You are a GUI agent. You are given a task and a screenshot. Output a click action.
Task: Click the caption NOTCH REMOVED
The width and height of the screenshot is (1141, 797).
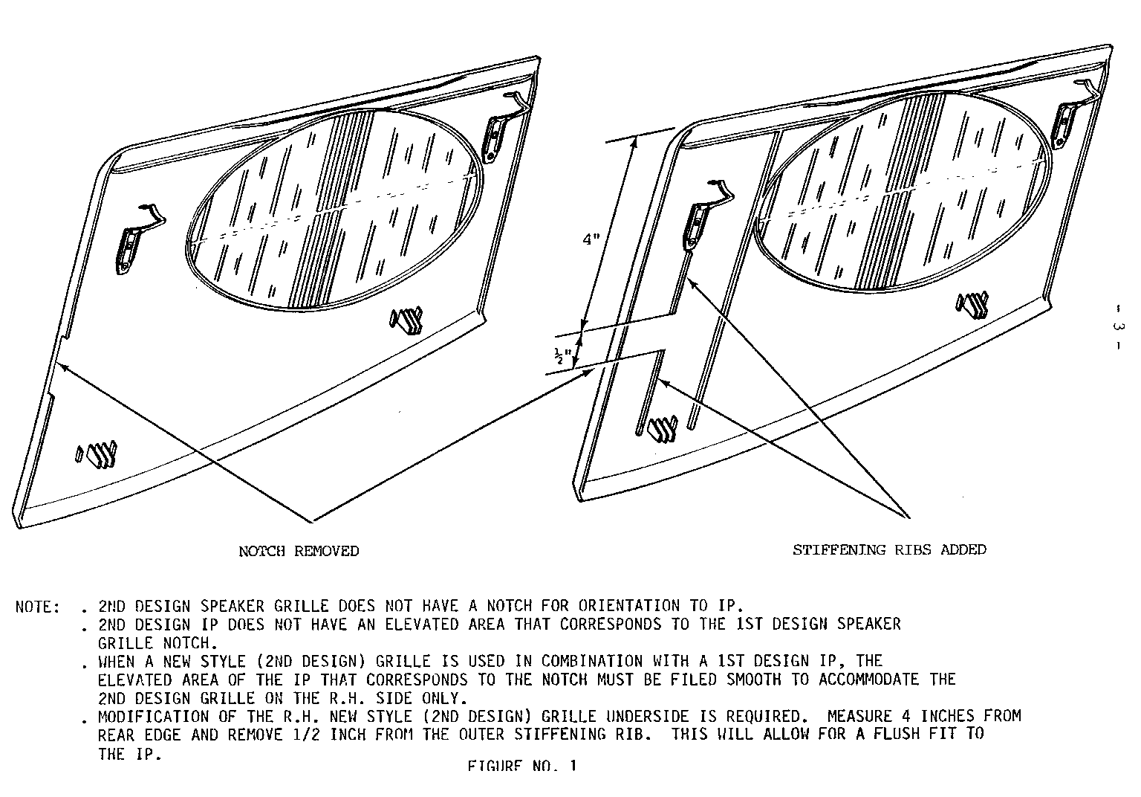point(299,551)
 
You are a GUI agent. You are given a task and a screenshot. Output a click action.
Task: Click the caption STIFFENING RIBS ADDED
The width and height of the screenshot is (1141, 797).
point(889,549)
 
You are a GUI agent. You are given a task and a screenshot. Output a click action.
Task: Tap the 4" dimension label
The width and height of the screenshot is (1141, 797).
point(591,239)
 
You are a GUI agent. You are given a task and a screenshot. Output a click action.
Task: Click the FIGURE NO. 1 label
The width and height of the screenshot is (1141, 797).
point(522,767)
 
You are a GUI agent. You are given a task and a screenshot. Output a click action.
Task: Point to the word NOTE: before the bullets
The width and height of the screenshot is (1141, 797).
point(38,607)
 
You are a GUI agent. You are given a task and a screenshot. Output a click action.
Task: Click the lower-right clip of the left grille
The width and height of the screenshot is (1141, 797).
point(406,320)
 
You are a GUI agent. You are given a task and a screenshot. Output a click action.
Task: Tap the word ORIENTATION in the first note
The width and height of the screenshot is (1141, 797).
point(628,606)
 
